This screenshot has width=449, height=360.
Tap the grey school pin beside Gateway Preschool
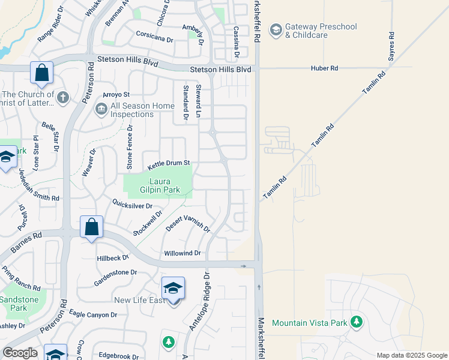pyautogui.click(x=276, y=30)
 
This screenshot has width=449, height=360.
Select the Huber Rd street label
pyautogui.click(x=325, y=68)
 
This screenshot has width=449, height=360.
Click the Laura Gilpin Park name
pyautogui.click(x=158, y=186)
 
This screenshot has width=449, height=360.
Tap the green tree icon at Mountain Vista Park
pyautogui.click(x=357, y=322)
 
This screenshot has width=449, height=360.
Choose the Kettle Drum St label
pyautogui.click(x=169, y=163)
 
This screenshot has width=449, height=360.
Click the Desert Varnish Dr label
pyautogui.click(x=188, y=224)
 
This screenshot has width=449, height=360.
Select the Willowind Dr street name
pyautogui.click(x=182, y=254)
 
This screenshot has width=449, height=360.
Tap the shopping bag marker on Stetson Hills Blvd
pyautogui.click(x=42, y=73)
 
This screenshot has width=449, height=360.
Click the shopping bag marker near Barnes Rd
pyautogui.click(x=91, y=227)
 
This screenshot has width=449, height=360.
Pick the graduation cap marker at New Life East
pyautogui.click(x=173, y=289)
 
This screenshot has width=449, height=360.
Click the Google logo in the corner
pyautogui.click(x=20, y=353)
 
